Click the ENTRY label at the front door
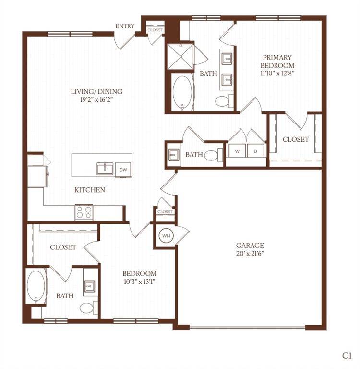[125, 26]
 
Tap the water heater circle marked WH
[166, 235]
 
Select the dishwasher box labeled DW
[123, 170]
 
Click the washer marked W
[237, 151]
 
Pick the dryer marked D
[255, 151]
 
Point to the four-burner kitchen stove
[84, 212]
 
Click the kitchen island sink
[105, 169]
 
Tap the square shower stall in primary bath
[180, 57]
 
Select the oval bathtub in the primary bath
[182, 93]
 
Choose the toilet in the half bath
[214, 155]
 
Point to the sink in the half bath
[174, 155]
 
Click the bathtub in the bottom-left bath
[36, 287]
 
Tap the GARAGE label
[250, 246]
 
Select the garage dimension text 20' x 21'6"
[250, 254]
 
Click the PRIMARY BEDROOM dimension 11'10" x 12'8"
[277, 73]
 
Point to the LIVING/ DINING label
[96, 91]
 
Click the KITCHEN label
[90, 190]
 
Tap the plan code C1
[347, 356]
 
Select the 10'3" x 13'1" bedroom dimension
[139, 282]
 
